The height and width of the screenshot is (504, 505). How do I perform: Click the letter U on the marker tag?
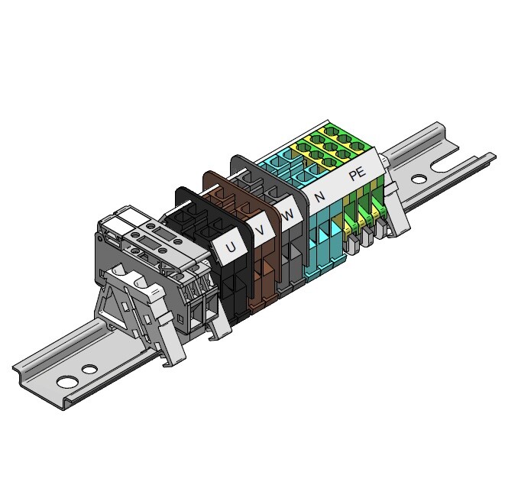(231, 247)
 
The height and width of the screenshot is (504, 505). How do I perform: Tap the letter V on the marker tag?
(261, 230)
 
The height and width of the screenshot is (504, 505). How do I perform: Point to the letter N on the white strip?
(320, 195)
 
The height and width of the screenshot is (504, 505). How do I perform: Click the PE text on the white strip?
(358, 173)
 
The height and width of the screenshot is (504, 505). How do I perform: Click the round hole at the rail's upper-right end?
(419, 179)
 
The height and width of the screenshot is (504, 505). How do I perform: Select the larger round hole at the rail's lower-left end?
(68, 382)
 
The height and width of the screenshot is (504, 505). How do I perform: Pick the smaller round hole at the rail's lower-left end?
(90, 369)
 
